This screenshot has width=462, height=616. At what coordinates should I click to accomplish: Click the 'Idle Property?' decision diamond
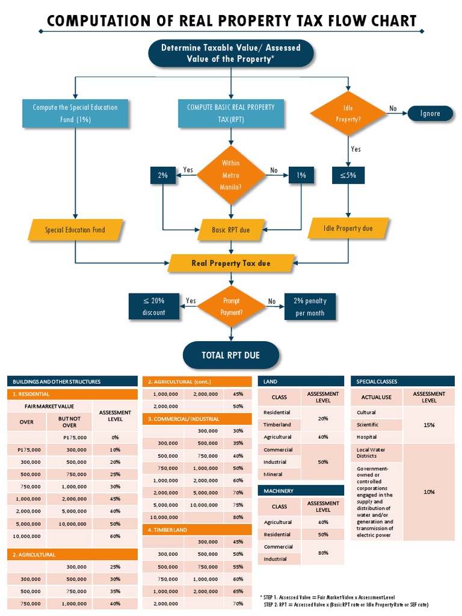pos(348,114)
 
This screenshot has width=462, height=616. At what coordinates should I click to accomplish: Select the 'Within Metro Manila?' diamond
pos(230,175)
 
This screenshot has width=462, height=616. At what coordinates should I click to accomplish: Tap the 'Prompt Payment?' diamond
pos(232,306)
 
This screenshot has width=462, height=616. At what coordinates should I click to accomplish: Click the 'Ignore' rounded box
pos(430,113)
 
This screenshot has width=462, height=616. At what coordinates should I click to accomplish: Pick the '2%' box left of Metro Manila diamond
pos(162,175)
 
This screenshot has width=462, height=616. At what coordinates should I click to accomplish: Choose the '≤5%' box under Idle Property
pos(348,175)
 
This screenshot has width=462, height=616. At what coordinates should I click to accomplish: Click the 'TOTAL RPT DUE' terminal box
pos(230,355)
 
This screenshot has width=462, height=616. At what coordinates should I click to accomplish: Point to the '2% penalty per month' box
pos(309,307)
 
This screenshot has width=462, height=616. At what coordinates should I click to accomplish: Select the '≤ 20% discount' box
pos(153,306)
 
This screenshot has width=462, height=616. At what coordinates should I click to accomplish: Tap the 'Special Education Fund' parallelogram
pos(75,230)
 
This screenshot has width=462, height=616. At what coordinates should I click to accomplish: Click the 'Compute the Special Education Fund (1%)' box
pos(75,113)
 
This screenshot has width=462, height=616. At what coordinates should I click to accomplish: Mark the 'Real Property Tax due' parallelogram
pos(231,263)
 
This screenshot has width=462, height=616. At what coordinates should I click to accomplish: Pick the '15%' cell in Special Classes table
pos(429,425)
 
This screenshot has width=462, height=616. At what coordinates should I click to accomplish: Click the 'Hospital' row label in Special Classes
pos(366,437)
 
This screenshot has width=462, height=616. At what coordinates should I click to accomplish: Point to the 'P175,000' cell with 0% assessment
pos(75,437)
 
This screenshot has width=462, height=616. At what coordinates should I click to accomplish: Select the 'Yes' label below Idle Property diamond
pos(356,149)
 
